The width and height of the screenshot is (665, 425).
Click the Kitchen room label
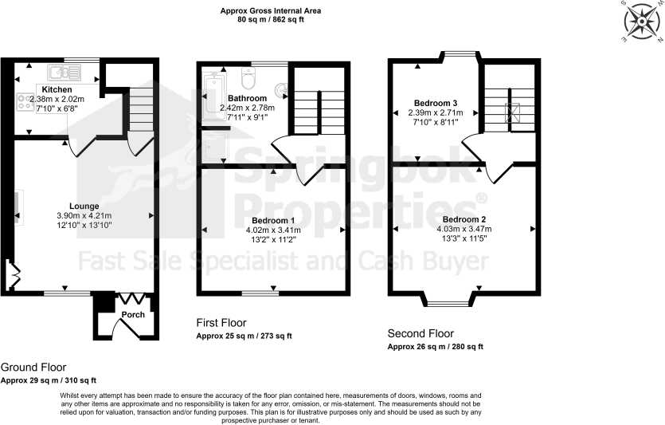pyautogui.click(x=57, y=90)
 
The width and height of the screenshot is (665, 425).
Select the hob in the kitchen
pyautogui.click(x=25, y=102)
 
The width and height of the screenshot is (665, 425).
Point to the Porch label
pyautogui.click(x=132, y=314)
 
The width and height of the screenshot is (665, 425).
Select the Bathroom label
pyautogui.click(x=246, y=98)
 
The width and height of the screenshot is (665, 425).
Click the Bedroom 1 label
pyautogui.click(x=273, y=219)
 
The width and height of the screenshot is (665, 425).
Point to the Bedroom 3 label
pyautogui.click(x=435, y=102)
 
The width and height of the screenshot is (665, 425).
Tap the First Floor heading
pyautogui.click(x=221, y=323)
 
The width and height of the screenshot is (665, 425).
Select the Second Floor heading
pyautogui.click(x=421, y=333)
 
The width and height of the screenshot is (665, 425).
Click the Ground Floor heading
pyautogui.click(x=34, y=368)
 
